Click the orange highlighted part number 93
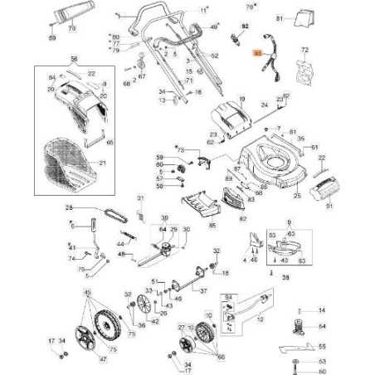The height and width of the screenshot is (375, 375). coord(257,52)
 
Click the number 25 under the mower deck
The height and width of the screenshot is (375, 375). coord(297,196)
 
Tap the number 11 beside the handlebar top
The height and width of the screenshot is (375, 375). coord(204,9)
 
